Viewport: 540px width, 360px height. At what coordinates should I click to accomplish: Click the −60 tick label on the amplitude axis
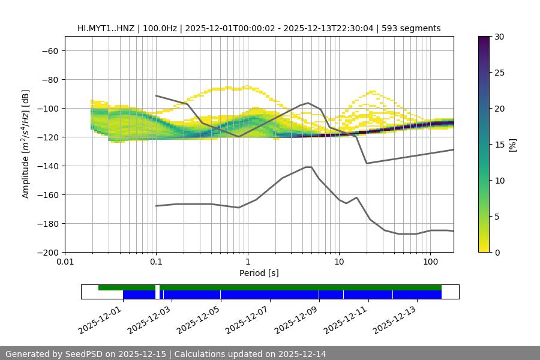pyautogui.click(x=49, y=50)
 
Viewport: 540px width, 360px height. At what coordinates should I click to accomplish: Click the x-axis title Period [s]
pyautogui.click(x=259, y=273)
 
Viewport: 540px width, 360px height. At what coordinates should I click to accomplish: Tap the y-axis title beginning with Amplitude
pyautogui.click(x=26, y=144)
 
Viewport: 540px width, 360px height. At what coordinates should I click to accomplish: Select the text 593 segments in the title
pyautogui.click(x=413, y=28)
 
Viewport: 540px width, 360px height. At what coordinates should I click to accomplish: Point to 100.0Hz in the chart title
pyautogui.click(x=161, y=28)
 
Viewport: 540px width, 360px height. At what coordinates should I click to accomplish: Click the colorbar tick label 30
pyautogui.click(x=499, y=37)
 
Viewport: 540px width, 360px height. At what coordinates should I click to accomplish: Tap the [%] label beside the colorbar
pyautogui.click(x=512, y=145)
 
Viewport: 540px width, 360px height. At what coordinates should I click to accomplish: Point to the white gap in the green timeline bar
pyautogui.click(x=157, y=288)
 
